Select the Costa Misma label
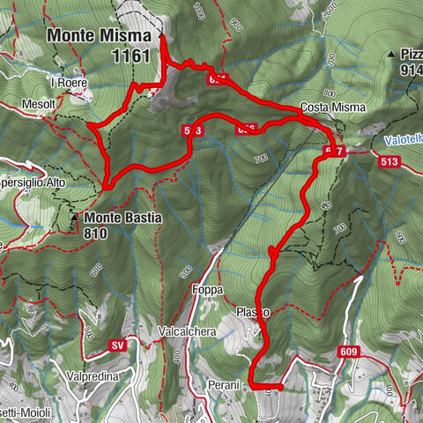[326, 108]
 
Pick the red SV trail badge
[119, 344]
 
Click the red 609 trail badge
[348, 352]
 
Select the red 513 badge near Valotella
[391, 162]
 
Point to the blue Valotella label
[403, 139]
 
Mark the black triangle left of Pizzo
[389, 55]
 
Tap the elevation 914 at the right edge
[411, 70]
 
